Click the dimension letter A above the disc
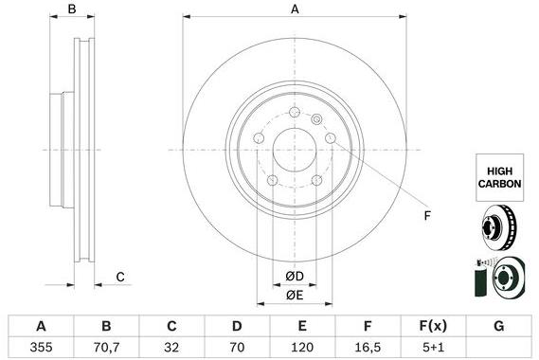(x=295, y=9)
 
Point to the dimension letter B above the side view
(x=72, y=9)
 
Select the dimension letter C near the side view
(x=120, y=277)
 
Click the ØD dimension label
(x=295, y=277)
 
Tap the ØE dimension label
(x=295, y=295)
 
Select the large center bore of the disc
(x=295, y=150)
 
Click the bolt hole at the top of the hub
(x=295, y=115)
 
